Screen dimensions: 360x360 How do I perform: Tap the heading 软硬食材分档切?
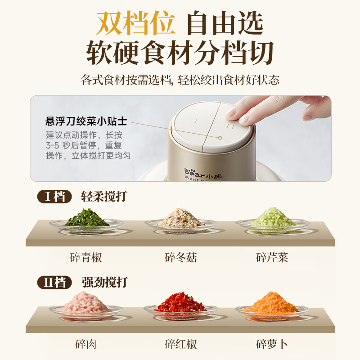pyautogui.click(x=180, y=53)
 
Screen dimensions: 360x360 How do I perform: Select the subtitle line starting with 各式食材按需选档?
pyautogui.click(x=180, y=81)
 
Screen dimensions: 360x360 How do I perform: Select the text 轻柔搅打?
pyautogui.click(x=104, y=197)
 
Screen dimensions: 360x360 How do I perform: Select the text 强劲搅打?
pyautogui.click(x=105, y=283)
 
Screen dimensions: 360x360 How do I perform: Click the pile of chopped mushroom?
pyautogui.click(x=180, y=218)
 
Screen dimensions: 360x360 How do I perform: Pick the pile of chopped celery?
pyautogui.click(x=272, y=218)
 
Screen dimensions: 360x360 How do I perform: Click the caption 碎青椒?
pyautogui.click(x=86, y=258)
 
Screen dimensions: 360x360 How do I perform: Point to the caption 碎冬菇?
pyautogui.click(x=180, y=258)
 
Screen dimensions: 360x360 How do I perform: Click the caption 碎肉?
pyautogui.click(x=85, y=345)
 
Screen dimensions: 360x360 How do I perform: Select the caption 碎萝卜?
pyautogui.click(x=272, y=345)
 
